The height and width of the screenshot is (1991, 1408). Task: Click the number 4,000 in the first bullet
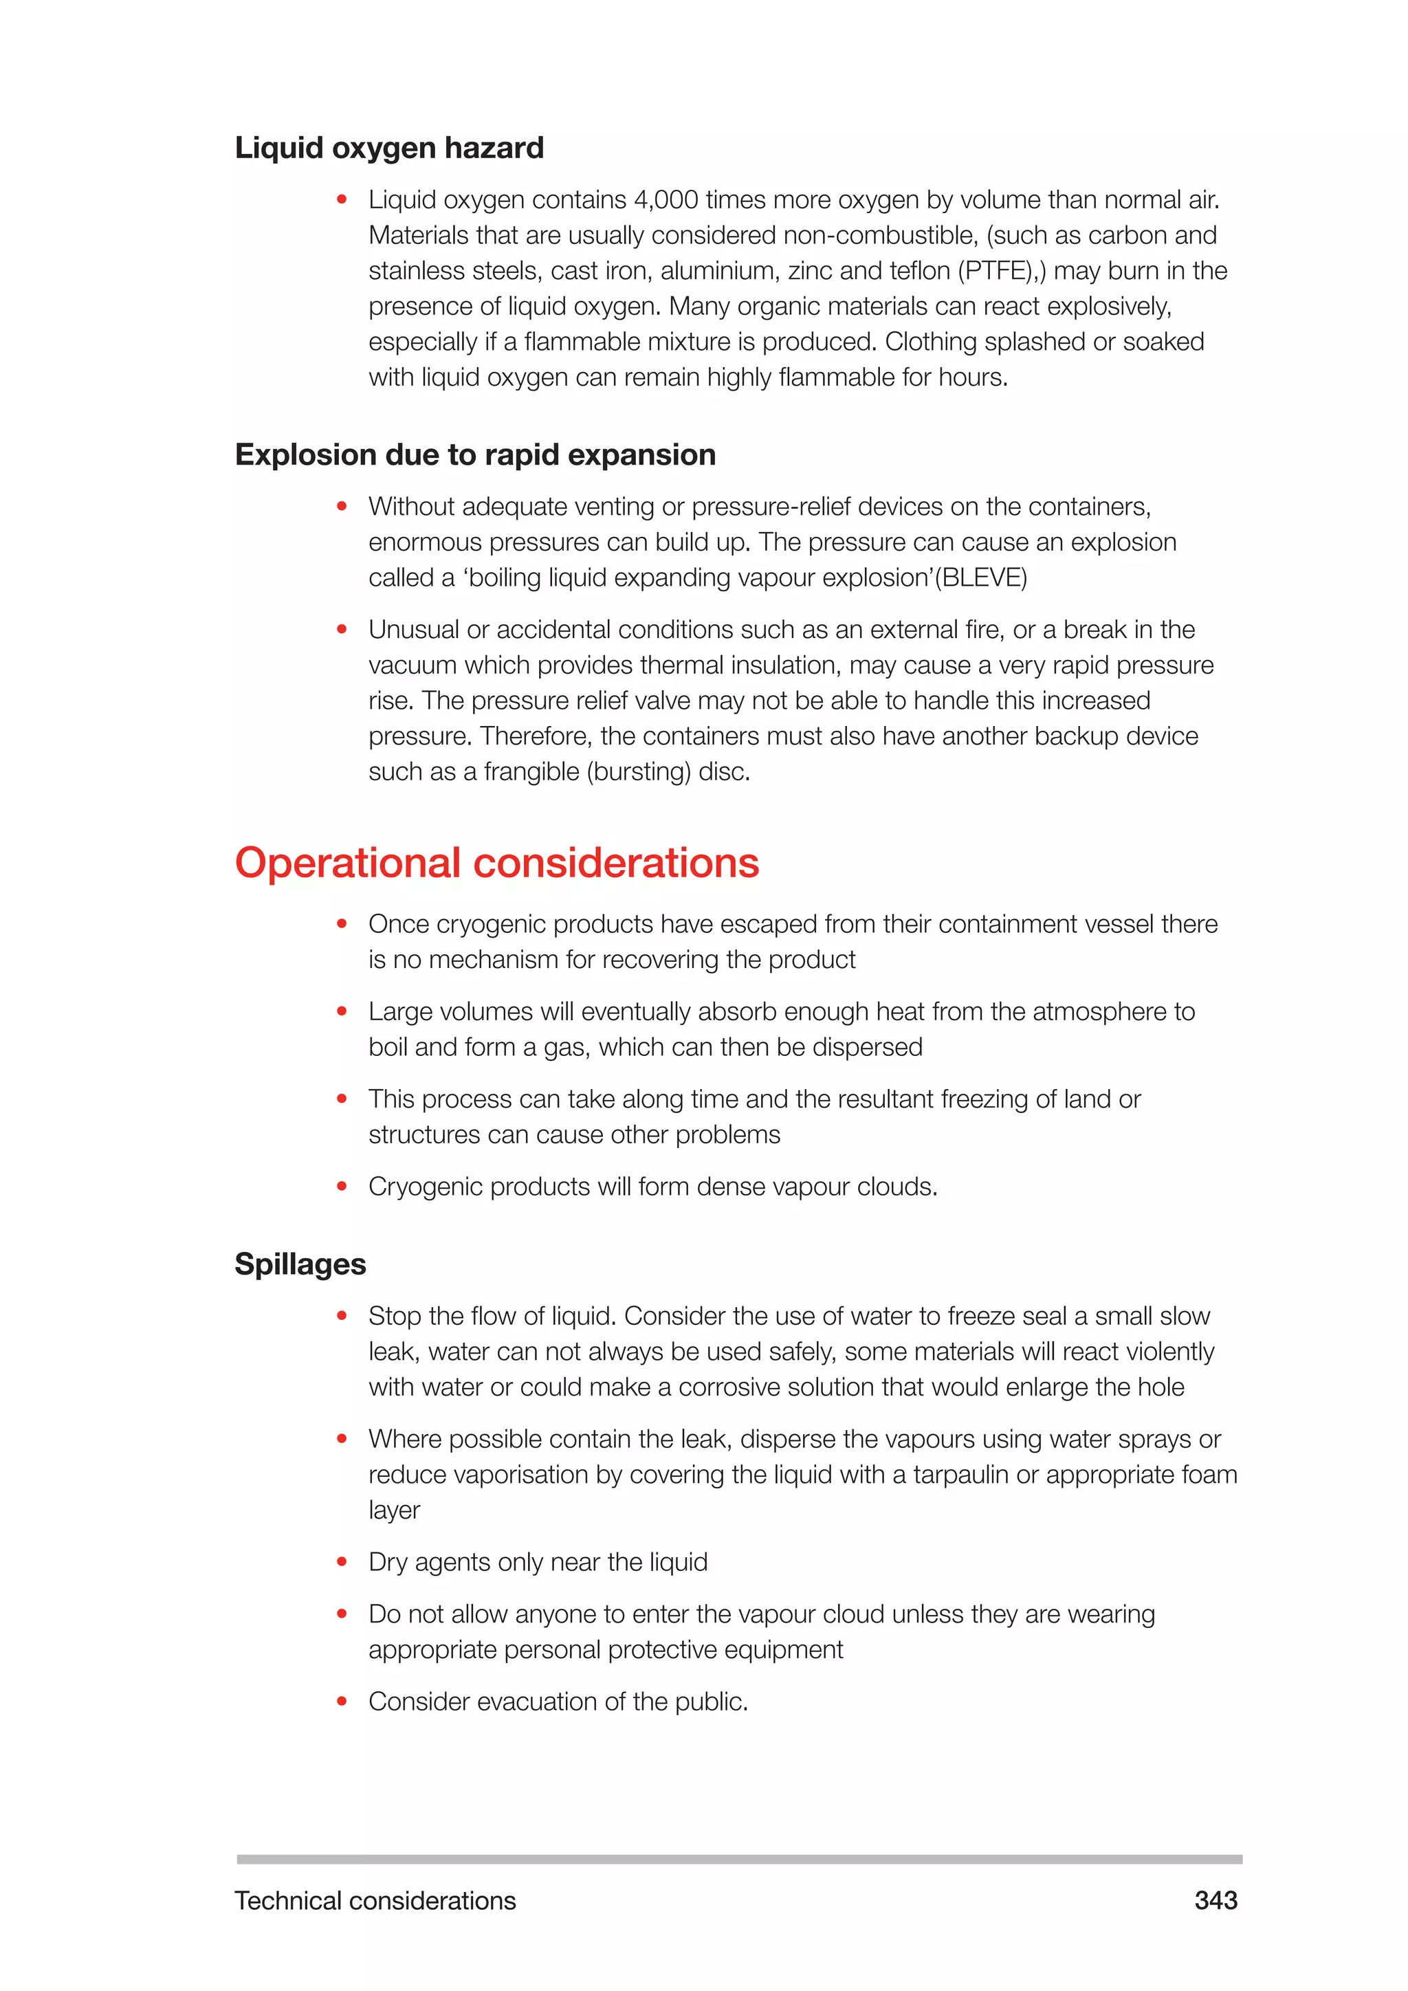coord(666,200)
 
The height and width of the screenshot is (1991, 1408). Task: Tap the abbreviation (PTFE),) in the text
coord(1002,272)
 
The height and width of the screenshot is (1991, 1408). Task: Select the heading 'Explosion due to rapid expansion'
coord(475,454)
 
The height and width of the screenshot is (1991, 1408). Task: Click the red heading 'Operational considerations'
coord(497,863)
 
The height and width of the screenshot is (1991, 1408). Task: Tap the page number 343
coord(1215,1901)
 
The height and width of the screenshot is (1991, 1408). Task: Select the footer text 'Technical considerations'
coord(375,1901)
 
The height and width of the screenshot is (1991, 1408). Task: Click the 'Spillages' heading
coord(300,1264)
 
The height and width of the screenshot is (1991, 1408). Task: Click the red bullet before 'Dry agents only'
coord(342,1562)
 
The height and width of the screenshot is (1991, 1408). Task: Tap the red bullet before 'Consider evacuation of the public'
coord(342,1702)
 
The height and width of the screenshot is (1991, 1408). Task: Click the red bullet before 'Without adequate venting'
coord(342,507)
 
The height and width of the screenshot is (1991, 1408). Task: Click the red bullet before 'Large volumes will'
coord(342,1011)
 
